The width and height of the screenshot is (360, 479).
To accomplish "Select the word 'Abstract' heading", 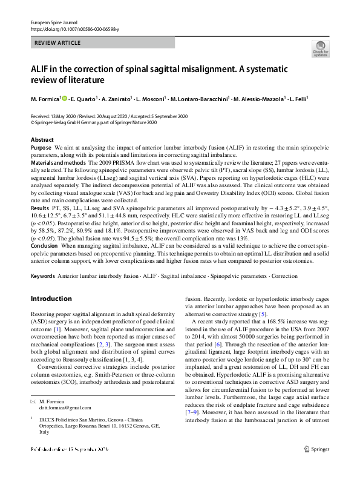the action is tap(42, 140).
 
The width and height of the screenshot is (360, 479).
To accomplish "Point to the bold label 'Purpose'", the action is tap(41, 147).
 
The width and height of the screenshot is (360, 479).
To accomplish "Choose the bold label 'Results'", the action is tap(40, 208).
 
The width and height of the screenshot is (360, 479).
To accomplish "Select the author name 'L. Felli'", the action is tap(297, 98).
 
